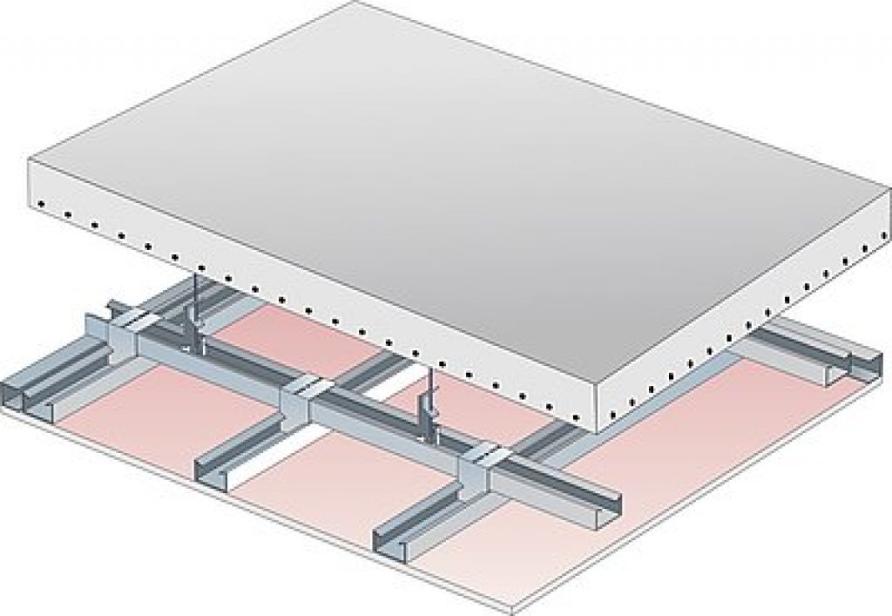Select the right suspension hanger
click(x=429, y=401)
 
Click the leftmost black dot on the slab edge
click(x=41, y=205)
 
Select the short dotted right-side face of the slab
click(x=740, y=340)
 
